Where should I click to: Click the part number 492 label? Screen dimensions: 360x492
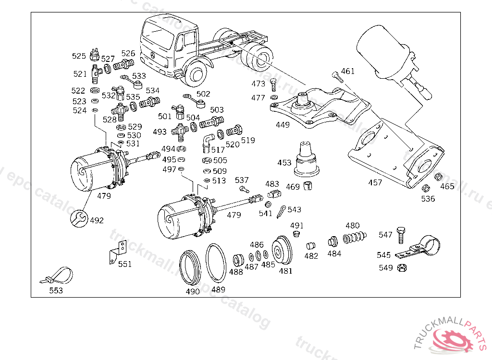(97, 221)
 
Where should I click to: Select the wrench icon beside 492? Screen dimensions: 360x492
(79, 218)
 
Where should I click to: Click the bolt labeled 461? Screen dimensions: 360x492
(335, 76)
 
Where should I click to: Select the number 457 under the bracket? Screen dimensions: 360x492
(375, 182)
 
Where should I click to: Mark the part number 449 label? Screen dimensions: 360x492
(283, 125)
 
